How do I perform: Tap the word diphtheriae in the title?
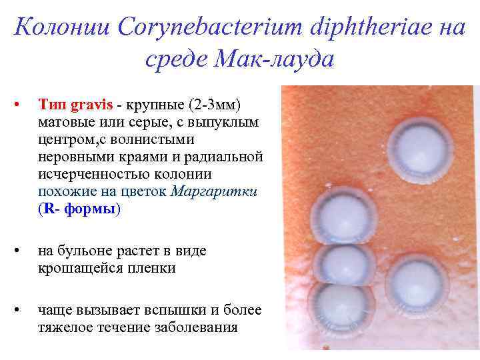click(344, 27)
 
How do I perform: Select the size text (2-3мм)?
click(215, 105)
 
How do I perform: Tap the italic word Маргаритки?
click(214, 191)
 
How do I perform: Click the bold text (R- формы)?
click(80, 209)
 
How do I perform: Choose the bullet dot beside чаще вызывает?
click(22, 311)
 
